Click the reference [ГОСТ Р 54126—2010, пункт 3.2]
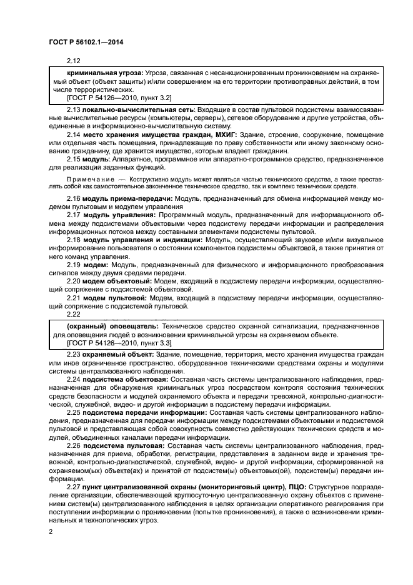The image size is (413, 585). pos(119,98)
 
